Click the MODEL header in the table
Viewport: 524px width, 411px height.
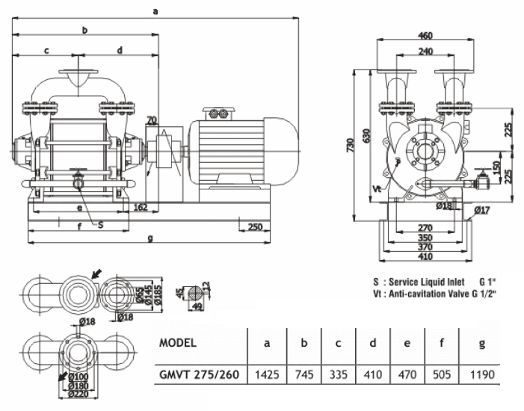(178, 344)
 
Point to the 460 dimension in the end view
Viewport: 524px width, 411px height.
(426, 35)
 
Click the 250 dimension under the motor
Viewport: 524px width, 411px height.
(255, 226)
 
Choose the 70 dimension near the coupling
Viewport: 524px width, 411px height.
(152, 120)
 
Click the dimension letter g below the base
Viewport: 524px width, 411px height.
(150, 239)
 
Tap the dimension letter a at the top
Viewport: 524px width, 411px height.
(155, 10)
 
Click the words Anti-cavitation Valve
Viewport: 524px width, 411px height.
(425, 294)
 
